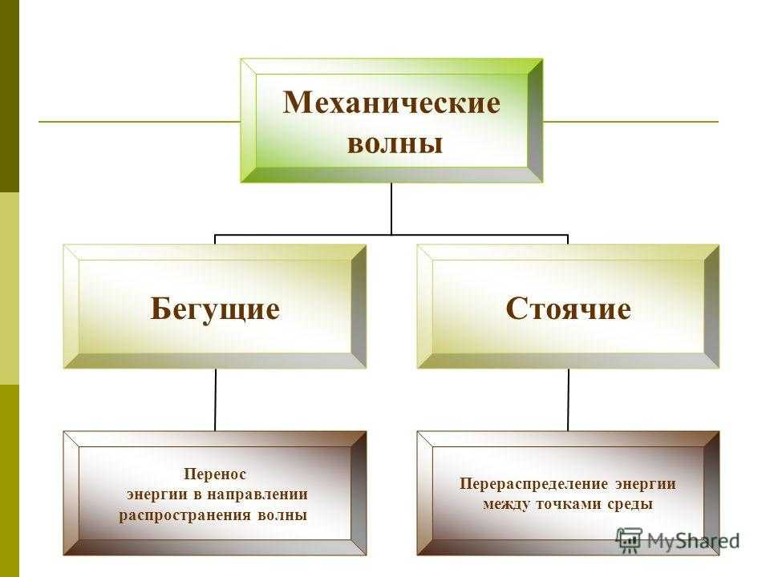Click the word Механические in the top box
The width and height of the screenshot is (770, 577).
pyautogui.click(x=391, y=103)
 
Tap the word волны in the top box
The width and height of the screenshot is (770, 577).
pyautogui.click(x=395, y=143)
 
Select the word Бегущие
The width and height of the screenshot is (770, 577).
pyautogui.click(x=215, y=309)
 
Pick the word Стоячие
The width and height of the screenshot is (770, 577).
pyautogui.click(x=568, y=309)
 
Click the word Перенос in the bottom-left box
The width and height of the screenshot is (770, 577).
pyautogui.click(x=215, y=474)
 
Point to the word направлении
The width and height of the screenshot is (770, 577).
pyautogui.click(x=257, y=494)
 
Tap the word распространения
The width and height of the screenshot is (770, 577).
pyautogui.click(x=185, y=515)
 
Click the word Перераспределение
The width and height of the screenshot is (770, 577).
pyautogui.click(x=534, y=484)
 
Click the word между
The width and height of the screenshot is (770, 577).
pyautogui.click(x=506, y=504)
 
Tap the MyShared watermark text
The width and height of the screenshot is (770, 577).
pyautogui.click(x=693, y=541)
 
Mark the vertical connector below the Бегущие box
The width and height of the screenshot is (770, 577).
pyautogui.click(x=215, y=400)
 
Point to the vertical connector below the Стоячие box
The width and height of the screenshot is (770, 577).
pyautogui.click(x=568, y=400)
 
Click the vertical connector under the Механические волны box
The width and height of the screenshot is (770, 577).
pyautogui.click(x=391, y=208)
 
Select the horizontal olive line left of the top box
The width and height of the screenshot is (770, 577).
pyautogui.click(x=140, y=121)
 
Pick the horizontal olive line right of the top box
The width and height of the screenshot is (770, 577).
pyautogui.click(x=630, y=121)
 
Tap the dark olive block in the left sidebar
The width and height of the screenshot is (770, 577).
pyautogui.click(x=10, y=95)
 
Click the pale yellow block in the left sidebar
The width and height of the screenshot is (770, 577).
pyautogui.click(x=10, y=288)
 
